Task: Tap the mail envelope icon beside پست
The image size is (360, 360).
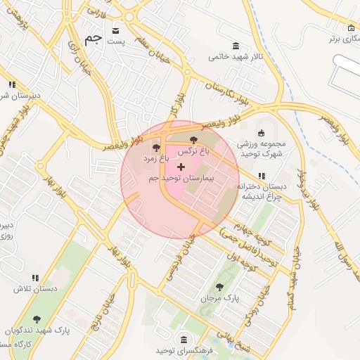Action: tap(115, 31)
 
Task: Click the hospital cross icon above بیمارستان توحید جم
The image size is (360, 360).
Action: tap(181, 167)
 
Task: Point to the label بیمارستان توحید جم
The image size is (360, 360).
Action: tap(181, 179)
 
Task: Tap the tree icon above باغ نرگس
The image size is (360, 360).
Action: tap(194, 139)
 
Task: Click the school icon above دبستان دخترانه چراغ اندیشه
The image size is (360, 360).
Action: tap(262, 176)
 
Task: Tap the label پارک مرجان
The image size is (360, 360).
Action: tap(220, 298)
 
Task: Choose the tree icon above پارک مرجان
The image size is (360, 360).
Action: tap(220, 286)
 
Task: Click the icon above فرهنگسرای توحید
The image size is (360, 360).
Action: tap(184, 339)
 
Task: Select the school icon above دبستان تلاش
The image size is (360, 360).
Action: tap(35, 278)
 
